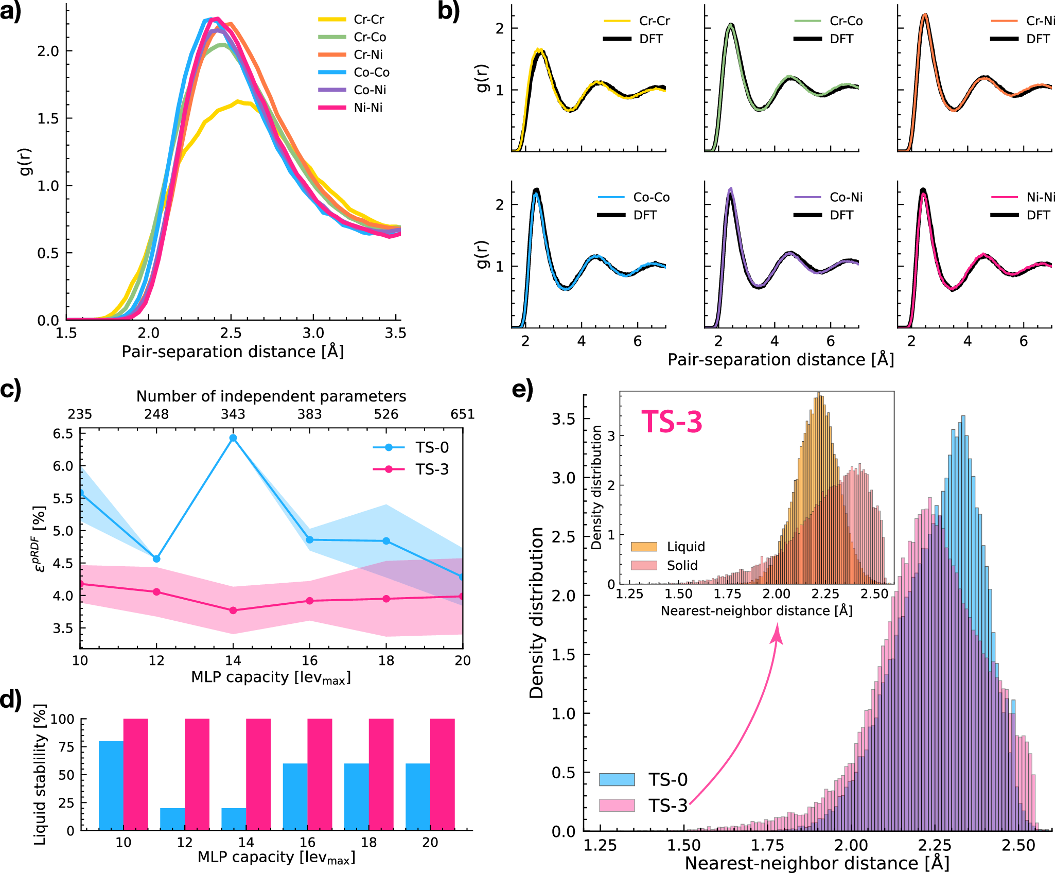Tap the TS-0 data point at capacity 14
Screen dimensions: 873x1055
click(x=233, y=438)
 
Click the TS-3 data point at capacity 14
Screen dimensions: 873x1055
click(x=233, y=610)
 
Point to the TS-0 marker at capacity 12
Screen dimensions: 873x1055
click(x=156, y=558)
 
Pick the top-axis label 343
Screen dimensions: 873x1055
click(x=233, y=414)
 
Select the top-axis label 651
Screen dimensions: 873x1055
click(x=462, y=414)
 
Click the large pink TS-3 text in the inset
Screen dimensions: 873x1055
click(x=672, y=422)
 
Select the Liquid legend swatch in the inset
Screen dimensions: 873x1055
click(x=644, y=547)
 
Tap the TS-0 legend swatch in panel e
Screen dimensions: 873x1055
click(x=617, y=779)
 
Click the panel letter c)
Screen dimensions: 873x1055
click(x=10, y=390)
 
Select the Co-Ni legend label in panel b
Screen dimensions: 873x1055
click(x=846, y=197)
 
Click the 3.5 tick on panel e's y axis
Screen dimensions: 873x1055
click(x=563, y=419)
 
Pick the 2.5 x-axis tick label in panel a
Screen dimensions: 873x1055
click(x=231, y=334)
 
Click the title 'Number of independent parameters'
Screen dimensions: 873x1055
click(x=271, y=396)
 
